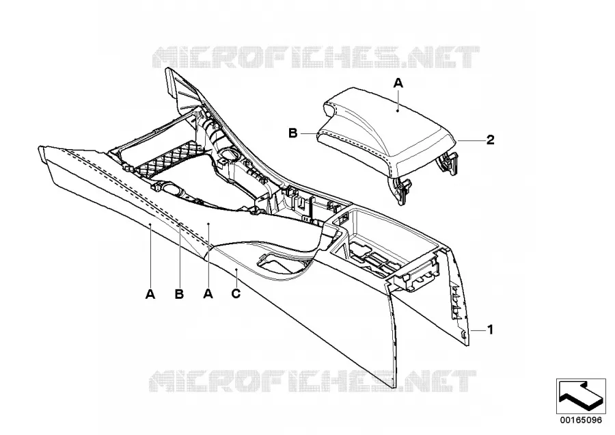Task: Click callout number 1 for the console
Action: tap(490, 330)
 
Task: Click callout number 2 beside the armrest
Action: tap(490, 140)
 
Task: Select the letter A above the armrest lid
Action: tap(398, 83)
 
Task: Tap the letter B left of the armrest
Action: tap(293, 133)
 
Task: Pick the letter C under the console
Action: tap(236, 293)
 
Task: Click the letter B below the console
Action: tap(179, 293)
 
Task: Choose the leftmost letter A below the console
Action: tap(150, 293)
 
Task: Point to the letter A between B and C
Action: tap(208, 293)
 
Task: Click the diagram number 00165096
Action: tap(581, 420)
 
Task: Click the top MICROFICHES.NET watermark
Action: tap(316, 57)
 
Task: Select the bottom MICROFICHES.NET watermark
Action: tap(312, 381)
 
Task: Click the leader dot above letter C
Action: tap(236, 270)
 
